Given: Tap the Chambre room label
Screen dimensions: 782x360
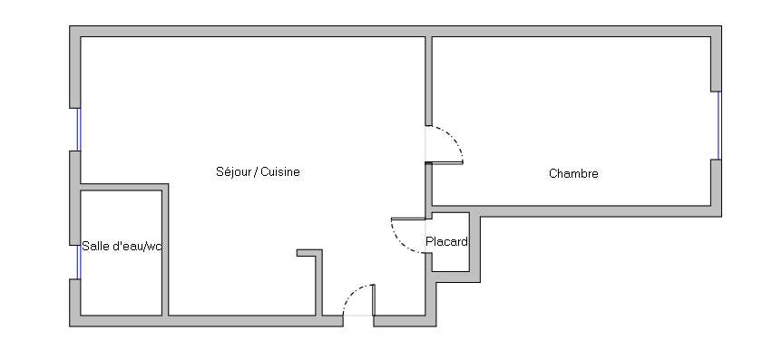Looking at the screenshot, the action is click(573, 173).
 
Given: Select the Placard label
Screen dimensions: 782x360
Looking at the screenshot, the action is click(447, 242).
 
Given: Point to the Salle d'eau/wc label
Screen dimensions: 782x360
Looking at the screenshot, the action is click(122, 246).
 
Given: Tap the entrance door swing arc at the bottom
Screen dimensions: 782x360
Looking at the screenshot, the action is click(354, 293).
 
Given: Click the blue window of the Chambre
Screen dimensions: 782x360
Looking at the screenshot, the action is click(719, 126).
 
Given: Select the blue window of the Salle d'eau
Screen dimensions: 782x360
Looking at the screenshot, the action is click(78, 262).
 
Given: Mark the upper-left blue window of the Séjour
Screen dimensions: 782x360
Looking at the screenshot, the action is click(78, 130).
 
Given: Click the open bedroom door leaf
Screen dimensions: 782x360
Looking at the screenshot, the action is click(445, 162).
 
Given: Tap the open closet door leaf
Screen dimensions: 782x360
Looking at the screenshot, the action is click(409, 219).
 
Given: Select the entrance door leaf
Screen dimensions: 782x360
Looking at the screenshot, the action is click(373, 299).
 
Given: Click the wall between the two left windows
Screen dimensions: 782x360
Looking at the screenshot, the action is click(74, 198).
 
